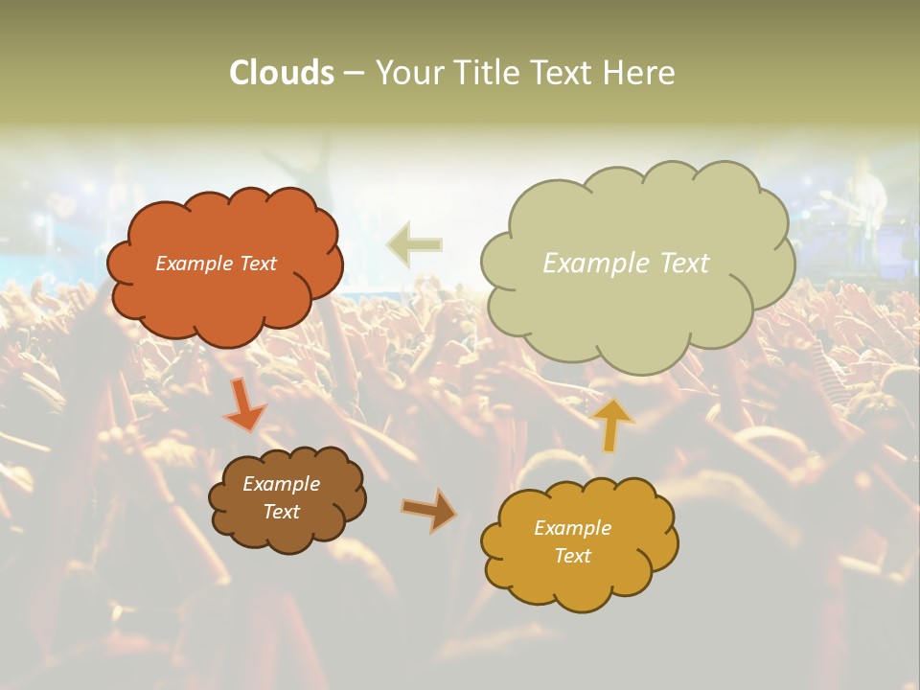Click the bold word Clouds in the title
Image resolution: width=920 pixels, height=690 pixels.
[x=282, y=73]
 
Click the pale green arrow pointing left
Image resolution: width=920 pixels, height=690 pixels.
[x=414, y=244]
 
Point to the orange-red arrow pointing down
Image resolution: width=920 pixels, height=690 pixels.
[x=244, y=404]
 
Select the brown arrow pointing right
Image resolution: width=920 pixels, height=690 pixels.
[x=428, y=509]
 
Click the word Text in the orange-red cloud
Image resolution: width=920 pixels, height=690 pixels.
[x=256, y=264]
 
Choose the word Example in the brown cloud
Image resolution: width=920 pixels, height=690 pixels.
[x=281, y=484]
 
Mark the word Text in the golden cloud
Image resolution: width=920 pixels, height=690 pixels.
[x=572, y=556]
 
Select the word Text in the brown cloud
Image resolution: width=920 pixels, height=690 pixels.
[x=281, y=512]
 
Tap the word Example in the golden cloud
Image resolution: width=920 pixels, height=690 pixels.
[x=572, y=528]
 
